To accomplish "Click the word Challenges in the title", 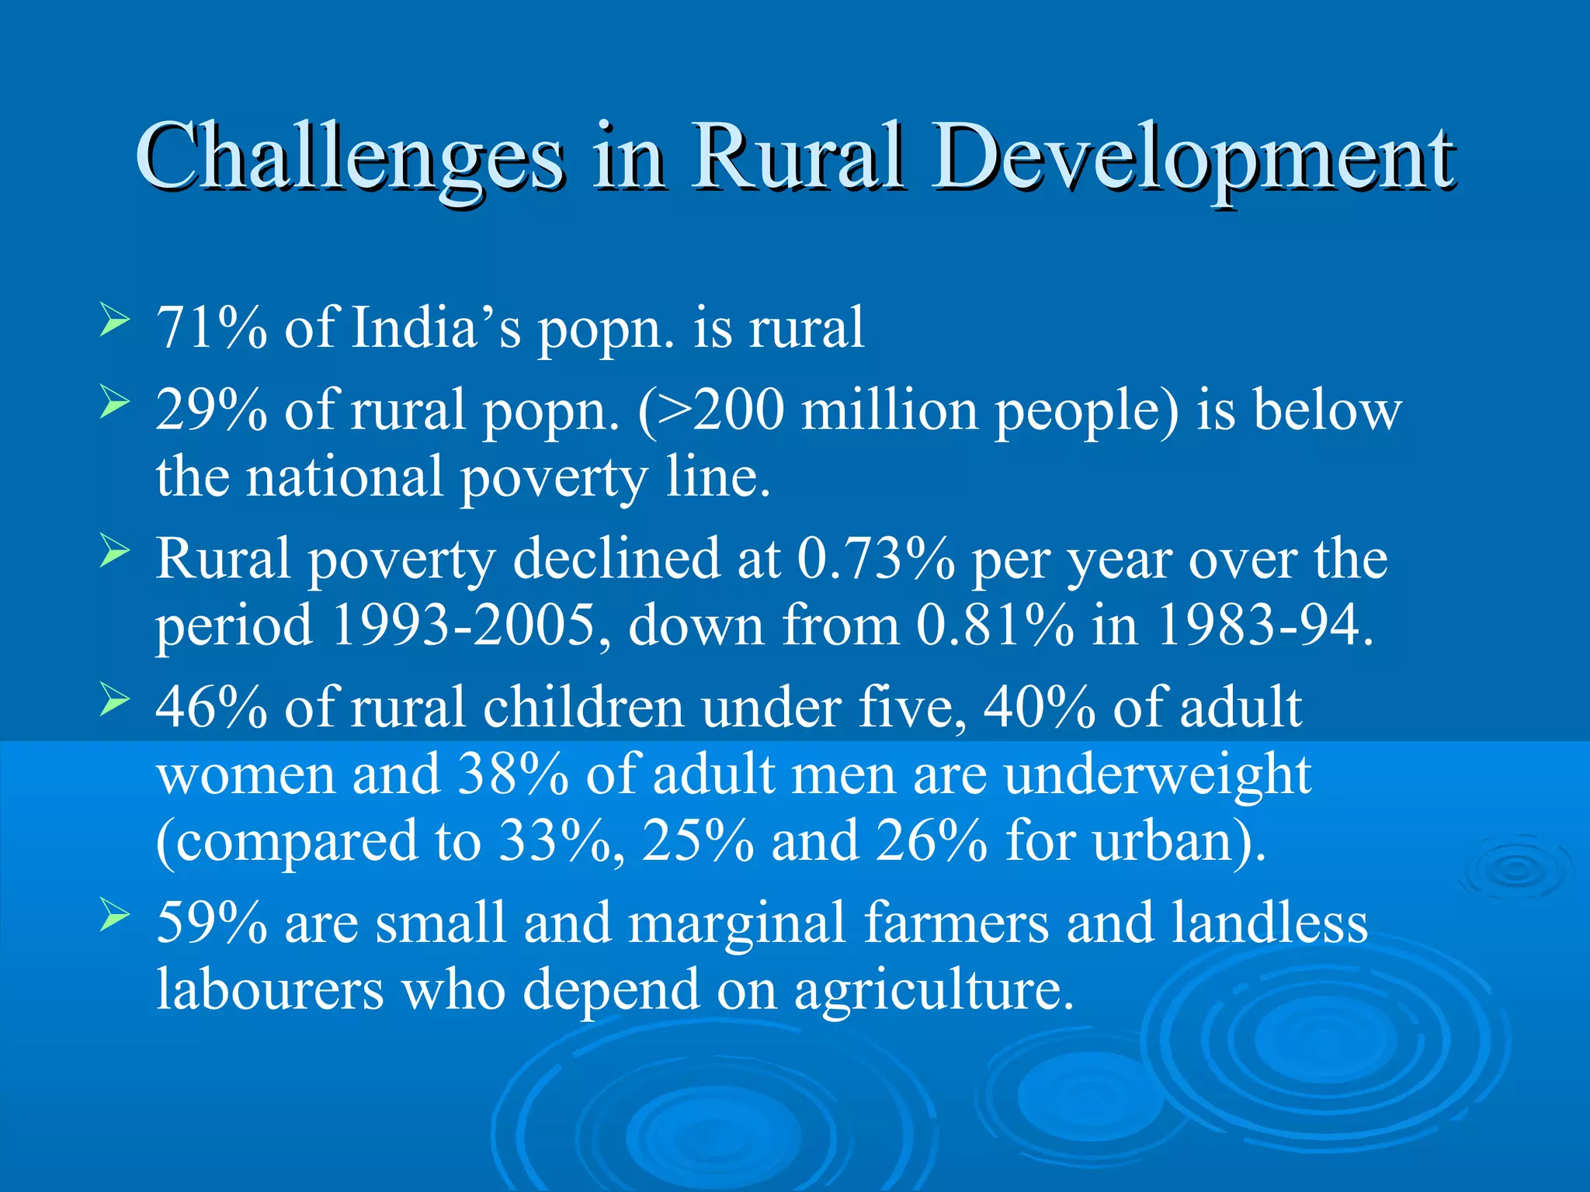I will (x=349, y=157).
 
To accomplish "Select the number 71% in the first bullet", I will (x=211, y=327).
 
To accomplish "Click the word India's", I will (x=436, y=327).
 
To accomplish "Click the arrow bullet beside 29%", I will (x=114, y=403).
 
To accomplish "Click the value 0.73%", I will (x=876, y=559).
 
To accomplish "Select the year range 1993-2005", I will (x=463, y=625).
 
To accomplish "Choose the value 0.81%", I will (x=995, y=625).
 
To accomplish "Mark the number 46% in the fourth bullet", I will (x=211, y=708).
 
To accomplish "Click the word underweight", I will (x=1158, y=774).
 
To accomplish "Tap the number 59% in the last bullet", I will (x=211, y=923).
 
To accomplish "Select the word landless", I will (x=1269, y=923).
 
